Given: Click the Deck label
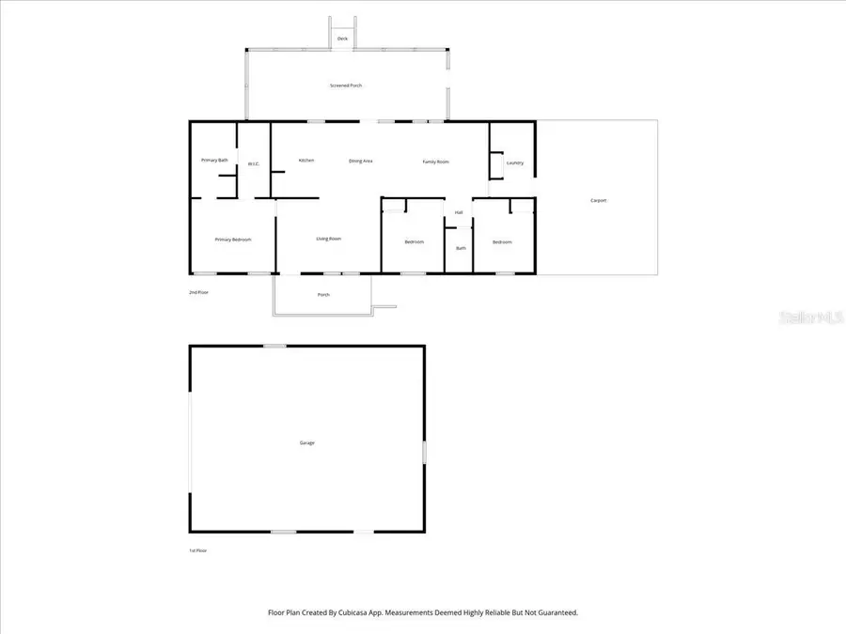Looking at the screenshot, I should pyautogui.click(x=342, y=39).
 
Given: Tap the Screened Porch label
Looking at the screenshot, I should pyautogui.click(x=345, y=85).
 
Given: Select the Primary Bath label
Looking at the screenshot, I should pyautogui.click(x=214, y=161).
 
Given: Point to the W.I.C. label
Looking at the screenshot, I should pyautogui.click(x=253, y=164).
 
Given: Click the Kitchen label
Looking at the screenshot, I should pyautogui.click(x=306, y=161).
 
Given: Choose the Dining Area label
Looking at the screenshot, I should pyautogui.click(x=361, y=162).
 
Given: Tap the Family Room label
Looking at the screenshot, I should pyautogui.click(x=435, y=162).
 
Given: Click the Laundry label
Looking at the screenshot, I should pyautogui.click(x=514, y=163).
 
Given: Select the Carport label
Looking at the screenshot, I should pyautogui.click(x=598, y=200).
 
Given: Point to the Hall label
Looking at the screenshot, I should pyautogui.click(x=459, y=212).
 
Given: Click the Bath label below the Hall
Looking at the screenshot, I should pyautogui.click(x=461, y=248).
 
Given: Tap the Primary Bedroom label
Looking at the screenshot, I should pyautogui.click(x=232, y=240).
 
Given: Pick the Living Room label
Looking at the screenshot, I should pyautogui.click(x=328, y=239).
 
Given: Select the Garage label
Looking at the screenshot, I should pyautogui.click(x=306, y=442).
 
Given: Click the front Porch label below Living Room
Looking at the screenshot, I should pyautogui.click(x=323, y=295).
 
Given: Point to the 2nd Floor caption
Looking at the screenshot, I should pyautogui.click(x=198, y=293).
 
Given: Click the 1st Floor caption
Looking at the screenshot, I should pyautogui.click(x=197, y=550).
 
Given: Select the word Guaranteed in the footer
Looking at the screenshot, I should pyautogui.click(x=554, y=612).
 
